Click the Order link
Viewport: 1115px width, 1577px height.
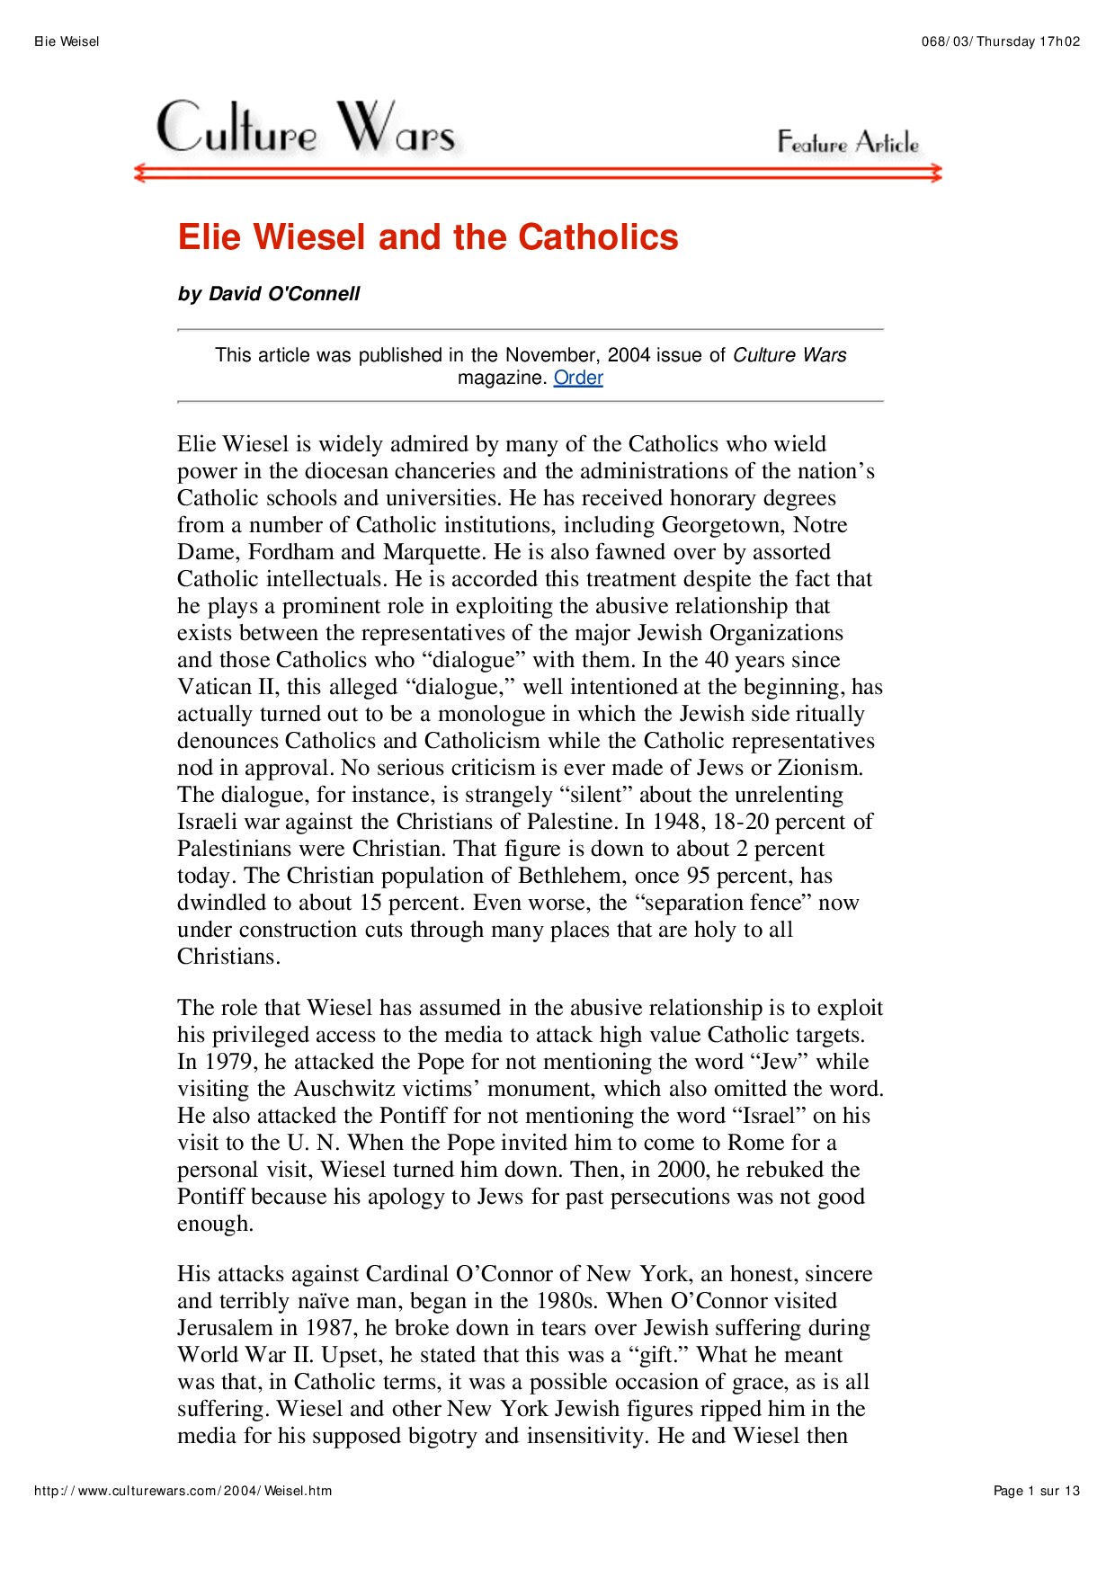[578, 378]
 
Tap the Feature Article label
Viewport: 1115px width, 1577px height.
[848, 142]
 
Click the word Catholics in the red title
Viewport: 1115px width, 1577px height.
[598, 237]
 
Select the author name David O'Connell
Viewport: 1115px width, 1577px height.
[284, 294]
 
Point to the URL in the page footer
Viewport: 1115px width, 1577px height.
[183, 1491]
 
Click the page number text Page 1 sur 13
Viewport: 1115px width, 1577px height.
[1036, 1491]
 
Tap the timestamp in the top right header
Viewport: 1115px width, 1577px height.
[1001, 41]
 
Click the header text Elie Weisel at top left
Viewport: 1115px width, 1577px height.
[67, 41]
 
